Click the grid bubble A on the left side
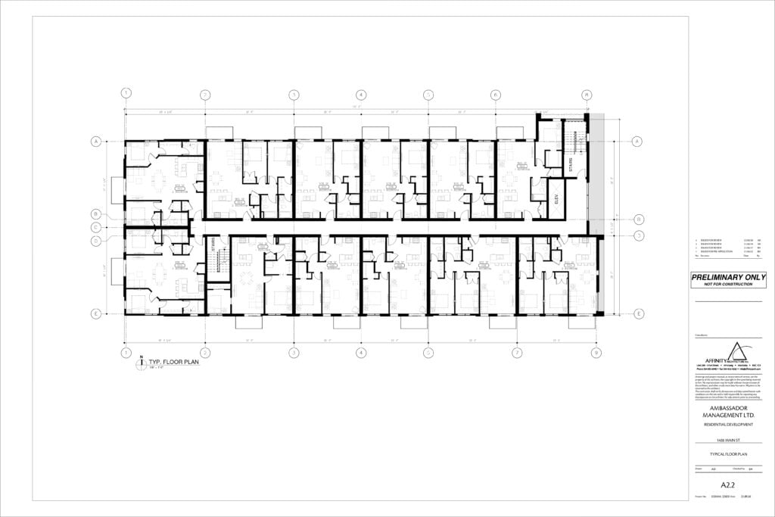pos(96,142)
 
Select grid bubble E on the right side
pos(638,314)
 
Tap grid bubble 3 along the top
pos(294,95)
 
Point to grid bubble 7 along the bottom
pos(516,353)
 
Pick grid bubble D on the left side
pos(96,241)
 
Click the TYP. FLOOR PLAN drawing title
pos(167,363)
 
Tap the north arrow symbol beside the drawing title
pos(141,364)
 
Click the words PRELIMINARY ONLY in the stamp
pos(728,277)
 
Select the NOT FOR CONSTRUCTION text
pos(728,285)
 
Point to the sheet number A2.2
pos(728,484)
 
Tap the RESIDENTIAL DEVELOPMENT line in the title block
pos(728,427)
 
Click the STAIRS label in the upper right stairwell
pos(571,163)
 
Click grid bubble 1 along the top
pos(126,94)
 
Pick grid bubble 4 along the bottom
pos(361,353)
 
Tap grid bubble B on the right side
pos(638,220)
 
